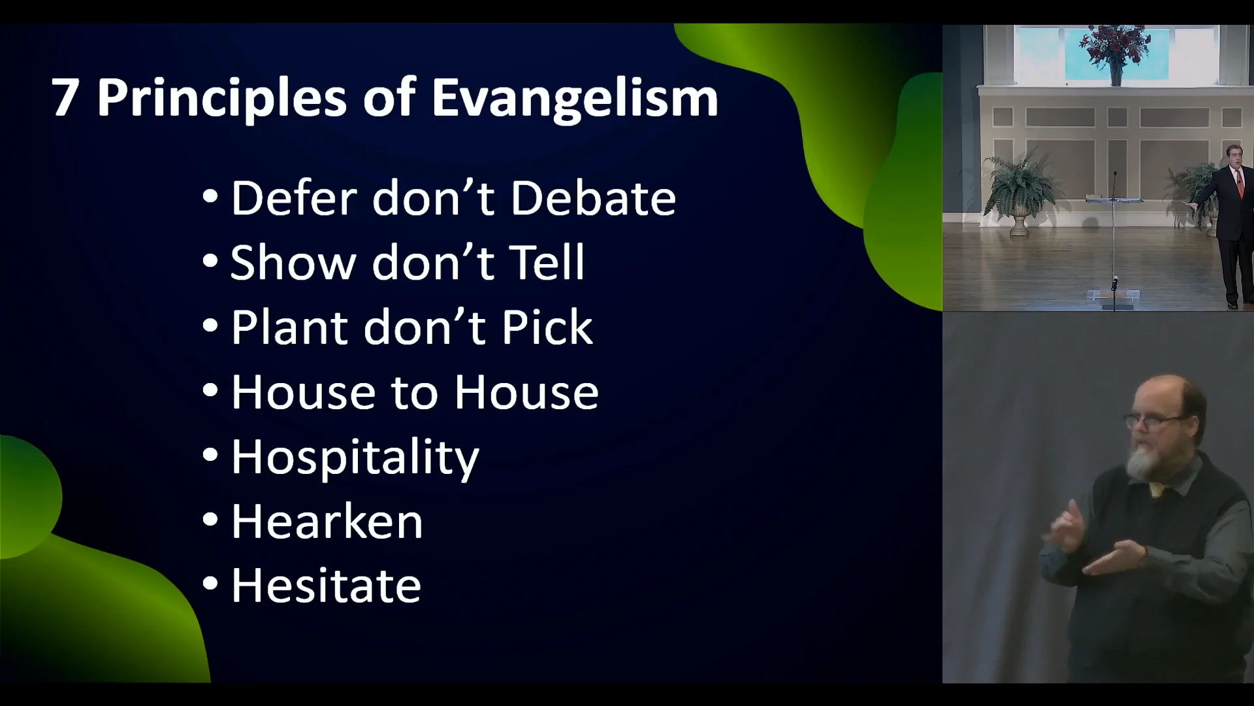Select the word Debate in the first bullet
[x=593, y=198]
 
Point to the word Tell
[x=547, y=263]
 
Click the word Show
[x=293, y=263]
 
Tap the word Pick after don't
[x=547, y=328]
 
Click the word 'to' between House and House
[x=414, y=393]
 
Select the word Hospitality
[x=355, y=458]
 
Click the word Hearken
[x=327, y=522]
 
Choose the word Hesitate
[x=326, y=586]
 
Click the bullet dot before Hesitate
[x=210, y=583]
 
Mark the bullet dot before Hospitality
[x=210, y=454]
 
